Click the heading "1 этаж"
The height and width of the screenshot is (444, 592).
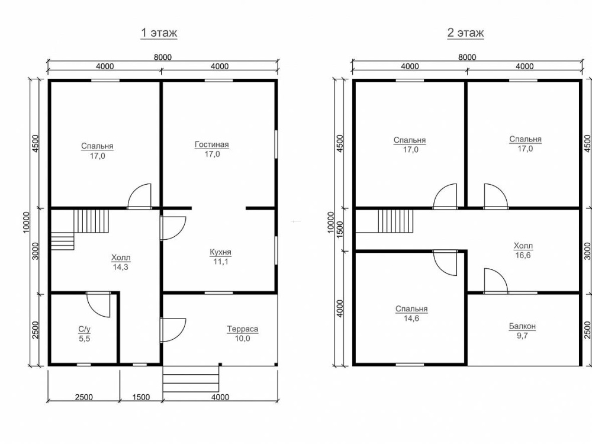pos(159,33)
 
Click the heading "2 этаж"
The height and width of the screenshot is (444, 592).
pos(465,33)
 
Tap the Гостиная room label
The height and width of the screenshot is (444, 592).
pos(212,144)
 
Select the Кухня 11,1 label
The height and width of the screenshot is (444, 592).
pos(220,257)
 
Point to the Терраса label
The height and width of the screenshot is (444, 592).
pos(242,329)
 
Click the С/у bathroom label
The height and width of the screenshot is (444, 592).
pos(85,329)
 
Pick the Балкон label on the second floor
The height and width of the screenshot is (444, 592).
pos(522,326)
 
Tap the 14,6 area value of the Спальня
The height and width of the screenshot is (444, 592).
pos(411,318)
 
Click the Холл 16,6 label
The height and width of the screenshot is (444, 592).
pos(523,250)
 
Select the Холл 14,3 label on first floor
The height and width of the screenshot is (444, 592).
pos(121,262)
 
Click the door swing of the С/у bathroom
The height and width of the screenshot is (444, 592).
pos(98,304)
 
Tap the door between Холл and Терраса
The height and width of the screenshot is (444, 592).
pos(172,330)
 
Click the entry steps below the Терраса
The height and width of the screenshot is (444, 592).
pos(191,379)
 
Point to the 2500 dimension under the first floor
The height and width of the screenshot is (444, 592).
pos(84,397)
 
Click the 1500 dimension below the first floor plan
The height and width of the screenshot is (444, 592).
pos(141,397)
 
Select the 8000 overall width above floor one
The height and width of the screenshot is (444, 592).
pos(163,57)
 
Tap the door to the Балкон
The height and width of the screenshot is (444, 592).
pos(496,281)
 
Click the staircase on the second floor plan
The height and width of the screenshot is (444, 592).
pos(395,221)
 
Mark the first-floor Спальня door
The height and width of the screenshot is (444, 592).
pos(139,196)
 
